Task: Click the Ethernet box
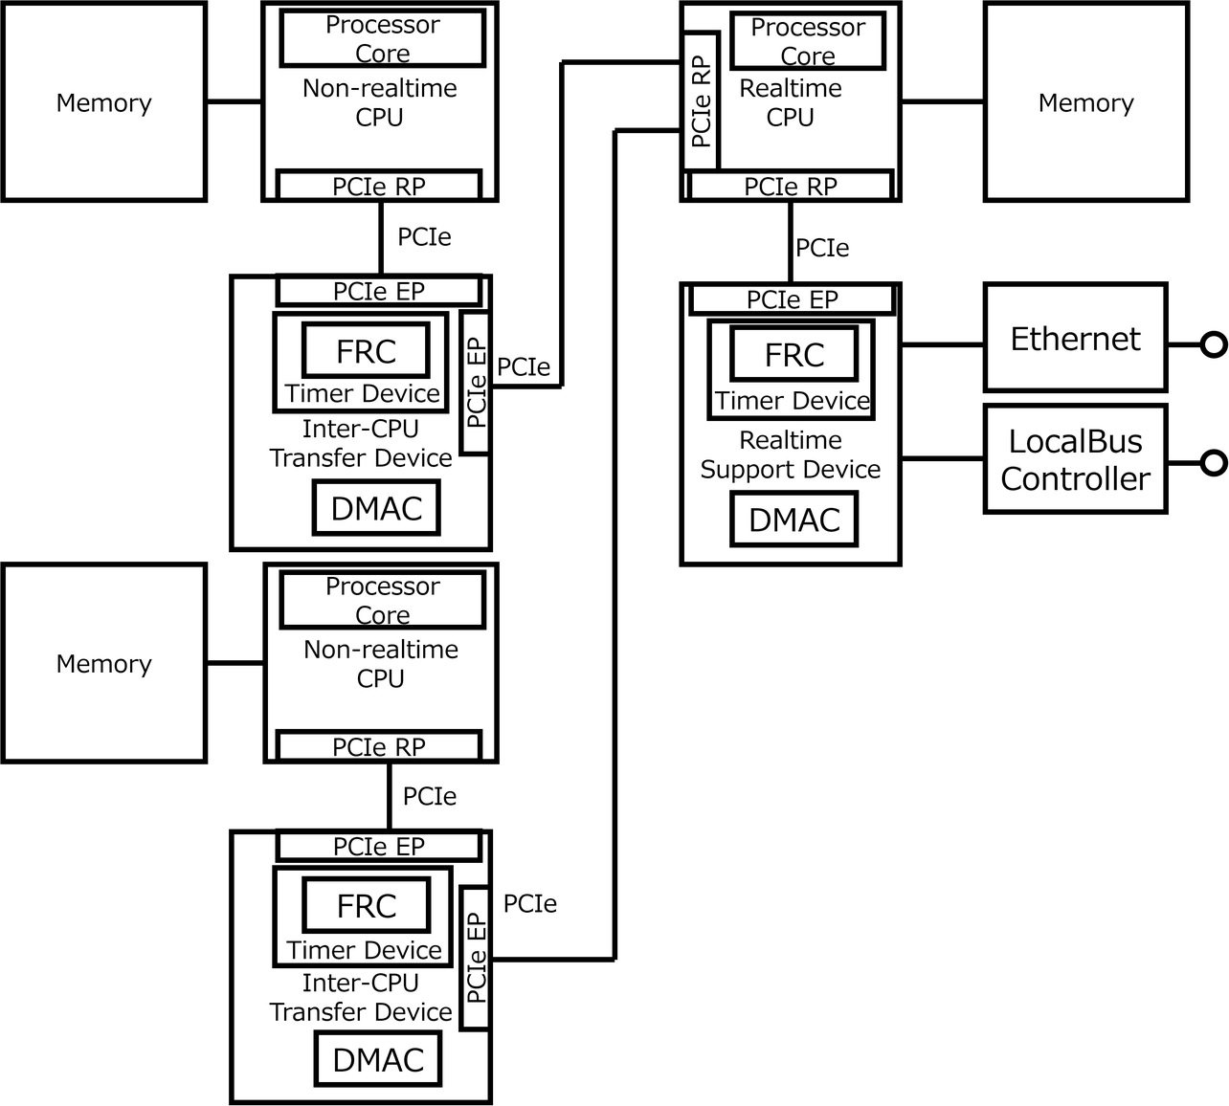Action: pyautogui.click(x=1075, y=338)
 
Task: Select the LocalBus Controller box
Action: pyautogui.click(x=1075, y=459)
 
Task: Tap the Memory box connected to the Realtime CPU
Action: pyautogui.click(x=1085, y=102)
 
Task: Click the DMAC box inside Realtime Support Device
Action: pyautogui.click(x=793, y=520)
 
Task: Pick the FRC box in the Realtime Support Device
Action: pyautogui.click(x=793, y=354)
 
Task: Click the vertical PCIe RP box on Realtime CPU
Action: pyautogui.click(x=701, y=101)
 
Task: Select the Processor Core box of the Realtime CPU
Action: pyautogui.click(x=807, y=41)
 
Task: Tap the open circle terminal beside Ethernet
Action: pyautogui.click(x=1214, y=344)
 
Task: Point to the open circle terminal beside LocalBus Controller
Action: pyautogui.click(x=1214, y=463)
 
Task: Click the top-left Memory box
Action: pyautogui.click(x=103, y=102)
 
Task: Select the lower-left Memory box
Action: pyautogui.click(x=103, y=663)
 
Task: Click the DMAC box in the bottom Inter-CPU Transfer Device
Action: pyautogui.click(x=378, y=1060)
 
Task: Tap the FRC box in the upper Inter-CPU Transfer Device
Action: pyautogui.click(x=366, y=351)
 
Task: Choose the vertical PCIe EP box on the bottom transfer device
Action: pyautogui.click(x=475, y=958)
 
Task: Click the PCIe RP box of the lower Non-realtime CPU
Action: pyautogui.click(x=379, y=746)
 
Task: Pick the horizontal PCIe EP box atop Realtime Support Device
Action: pyautogui.click(x=792, y=299)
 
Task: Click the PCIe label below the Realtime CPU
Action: pyautogui.click(x=822, y=248)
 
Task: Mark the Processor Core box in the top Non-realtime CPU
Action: pyautogui.click(x=382, y=38)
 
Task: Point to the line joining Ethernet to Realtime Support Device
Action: pyautogui.click(x=942, y=344)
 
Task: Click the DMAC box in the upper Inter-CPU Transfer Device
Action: pyautogui.click(x=376, y=508)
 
